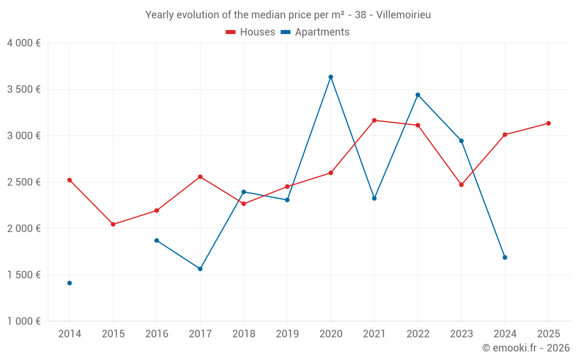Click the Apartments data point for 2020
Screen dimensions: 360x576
(x=331, y=77)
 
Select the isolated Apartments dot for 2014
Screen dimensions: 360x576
(x=70, y=283)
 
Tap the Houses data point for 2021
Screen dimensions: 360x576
(x=374, y=120)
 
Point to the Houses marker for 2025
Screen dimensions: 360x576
(x=548, y=123)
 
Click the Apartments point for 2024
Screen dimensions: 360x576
(x=505, y=257)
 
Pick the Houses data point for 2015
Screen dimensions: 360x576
(x=113, y=224)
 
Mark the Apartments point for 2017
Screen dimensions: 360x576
(x=200, y=269)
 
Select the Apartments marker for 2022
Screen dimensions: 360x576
(x=418, y=94)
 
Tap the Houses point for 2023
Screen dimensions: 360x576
(x=461, y=185)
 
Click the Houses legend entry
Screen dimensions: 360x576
(x=251, y=32)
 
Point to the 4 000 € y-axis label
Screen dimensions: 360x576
(x=24, y=43)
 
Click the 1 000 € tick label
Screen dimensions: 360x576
(x=24, y=321)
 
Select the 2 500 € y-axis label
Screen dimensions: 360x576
(x=24, y=182)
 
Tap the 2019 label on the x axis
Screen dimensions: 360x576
(x=287, y=334)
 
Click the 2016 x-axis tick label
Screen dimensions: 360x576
(x=157, y=334)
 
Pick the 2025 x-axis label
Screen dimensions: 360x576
(x=548, y=334)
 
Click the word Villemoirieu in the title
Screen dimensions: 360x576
(x=403, y=15)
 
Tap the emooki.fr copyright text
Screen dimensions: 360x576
(x=526, y=348)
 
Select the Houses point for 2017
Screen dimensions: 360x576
(x=200, y=177)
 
